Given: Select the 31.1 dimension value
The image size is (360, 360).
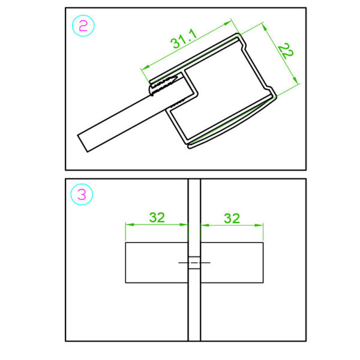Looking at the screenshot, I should [183, 42].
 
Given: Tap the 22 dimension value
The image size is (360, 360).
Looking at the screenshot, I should [286, 52].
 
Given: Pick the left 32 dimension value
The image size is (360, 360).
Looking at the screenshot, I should [157, 217].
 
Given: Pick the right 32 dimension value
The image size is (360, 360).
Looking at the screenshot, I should [232, 217].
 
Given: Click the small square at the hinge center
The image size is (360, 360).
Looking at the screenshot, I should [194, 263].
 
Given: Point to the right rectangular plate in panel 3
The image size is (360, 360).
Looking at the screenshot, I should [232, 262].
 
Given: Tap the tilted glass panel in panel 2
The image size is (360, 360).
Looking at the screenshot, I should [114, 126].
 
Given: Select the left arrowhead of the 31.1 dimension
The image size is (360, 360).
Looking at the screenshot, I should [144, 70].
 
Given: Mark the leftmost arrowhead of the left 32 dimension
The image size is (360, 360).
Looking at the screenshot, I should [128, 226].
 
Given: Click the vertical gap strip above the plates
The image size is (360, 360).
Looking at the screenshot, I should [194, 210].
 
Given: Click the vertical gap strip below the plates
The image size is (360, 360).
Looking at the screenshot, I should [194, 312].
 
